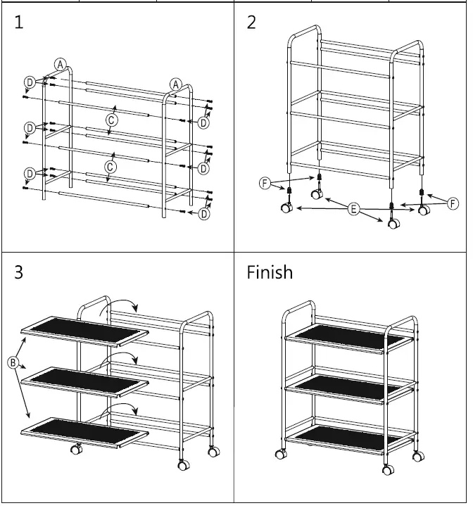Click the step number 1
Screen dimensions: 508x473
19,23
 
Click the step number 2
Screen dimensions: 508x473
252,23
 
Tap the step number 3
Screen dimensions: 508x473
19,272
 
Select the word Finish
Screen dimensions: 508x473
270,272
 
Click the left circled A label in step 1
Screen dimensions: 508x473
61,64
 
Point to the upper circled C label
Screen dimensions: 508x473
111,120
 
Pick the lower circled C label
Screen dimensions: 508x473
110,167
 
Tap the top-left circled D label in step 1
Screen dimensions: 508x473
30,82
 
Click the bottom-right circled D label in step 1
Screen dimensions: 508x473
203,215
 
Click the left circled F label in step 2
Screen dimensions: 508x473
265,184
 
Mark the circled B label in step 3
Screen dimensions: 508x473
12,362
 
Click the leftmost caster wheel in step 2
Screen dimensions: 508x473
286,208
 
